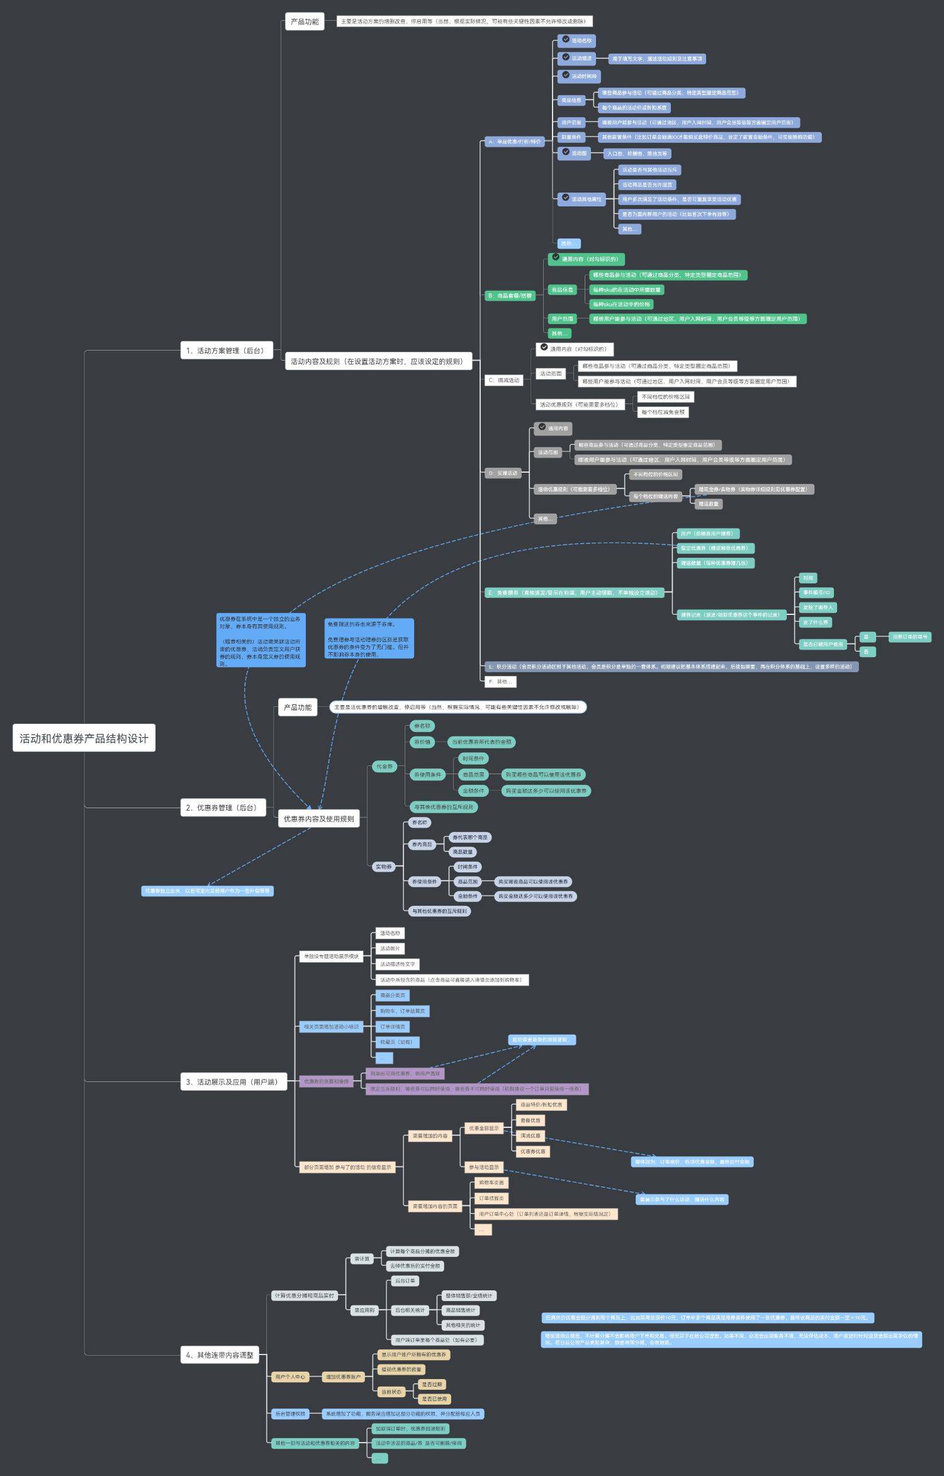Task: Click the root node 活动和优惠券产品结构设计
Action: [x=84, y=738]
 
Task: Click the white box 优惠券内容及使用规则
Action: [x=318, y=819]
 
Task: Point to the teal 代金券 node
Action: [x=384, y=767]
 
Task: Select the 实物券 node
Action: [x=383, y=867]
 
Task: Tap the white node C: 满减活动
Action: [x=503, y=380]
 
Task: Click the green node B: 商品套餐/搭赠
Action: [x=510, y=295]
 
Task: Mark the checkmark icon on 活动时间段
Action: [x=566, y=75]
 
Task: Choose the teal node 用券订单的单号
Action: [x=909, y=637]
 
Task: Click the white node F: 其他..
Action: [x=500, y=682]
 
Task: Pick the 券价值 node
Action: [x=422, y=742]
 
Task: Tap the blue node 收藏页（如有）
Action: [x=396, y=1042]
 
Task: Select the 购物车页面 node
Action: [x=491, y=1183]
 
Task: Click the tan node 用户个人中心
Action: [x=290, y=1377]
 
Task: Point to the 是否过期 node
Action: [x=432, y=1384]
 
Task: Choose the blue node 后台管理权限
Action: [x=290, y=1414]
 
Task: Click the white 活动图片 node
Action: [x=390, y=949]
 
